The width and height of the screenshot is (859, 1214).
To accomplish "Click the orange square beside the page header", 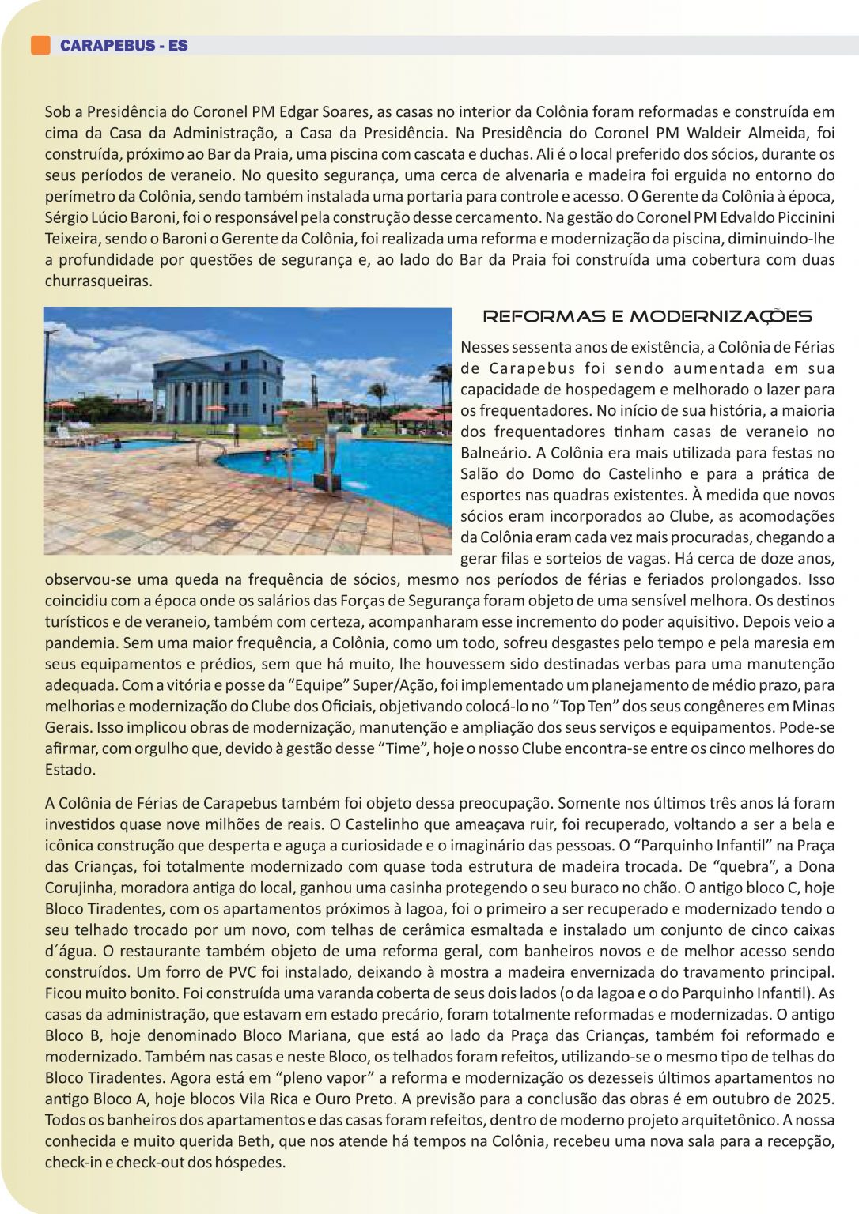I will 40,45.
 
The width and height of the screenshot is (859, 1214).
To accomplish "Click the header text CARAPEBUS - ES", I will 124,46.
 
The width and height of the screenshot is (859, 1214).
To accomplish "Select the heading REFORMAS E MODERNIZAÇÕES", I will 647,317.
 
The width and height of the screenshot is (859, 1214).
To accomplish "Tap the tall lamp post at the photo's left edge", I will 48,371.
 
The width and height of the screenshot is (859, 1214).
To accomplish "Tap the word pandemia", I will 79,643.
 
